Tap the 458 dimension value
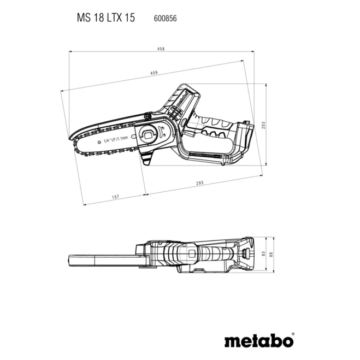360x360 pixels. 161,49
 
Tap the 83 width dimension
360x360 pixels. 264,253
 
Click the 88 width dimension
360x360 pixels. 272,253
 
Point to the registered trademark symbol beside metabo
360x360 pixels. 292,333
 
